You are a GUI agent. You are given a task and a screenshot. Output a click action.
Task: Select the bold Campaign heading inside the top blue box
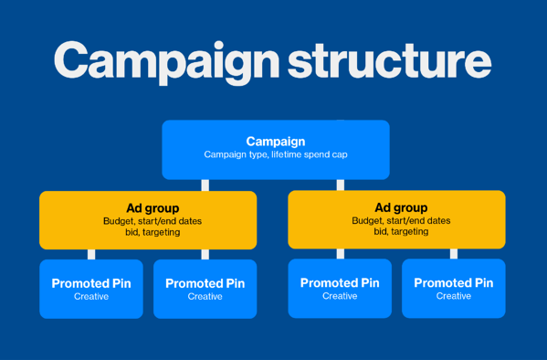[x=276, y=142]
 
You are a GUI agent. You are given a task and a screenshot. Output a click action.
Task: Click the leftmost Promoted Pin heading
[x=91, y=283]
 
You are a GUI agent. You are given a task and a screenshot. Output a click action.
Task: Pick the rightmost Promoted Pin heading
[x=453, y=283]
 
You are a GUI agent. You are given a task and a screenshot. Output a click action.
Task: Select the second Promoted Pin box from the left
[x=205, y=289]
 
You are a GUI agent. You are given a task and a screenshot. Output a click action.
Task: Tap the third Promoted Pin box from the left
[x=340, y=289]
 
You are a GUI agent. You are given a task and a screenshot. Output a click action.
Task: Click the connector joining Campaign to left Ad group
[x=205, y=185]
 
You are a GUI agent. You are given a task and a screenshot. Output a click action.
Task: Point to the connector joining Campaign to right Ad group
[x=341, y=185]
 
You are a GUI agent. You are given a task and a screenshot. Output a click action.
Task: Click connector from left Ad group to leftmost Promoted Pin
[x=91, y=254]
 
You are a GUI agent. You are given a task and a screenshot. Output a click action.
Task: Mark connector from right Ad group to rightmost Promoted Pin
[x=454, y=254]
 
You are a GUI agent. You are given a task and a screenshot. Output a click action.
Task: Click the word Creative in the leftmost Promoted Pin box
[x=91, y=297]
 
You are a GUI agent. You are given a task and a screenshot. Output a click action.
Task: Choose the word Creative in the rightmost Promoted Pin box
[x=453, y=296]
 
